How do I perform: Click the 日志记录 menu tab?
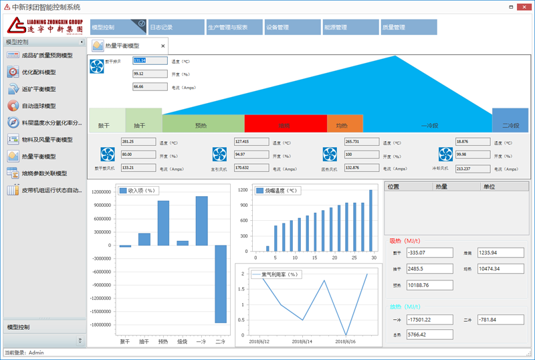[x=175, y=27]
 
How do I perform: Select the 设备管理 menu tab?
[x=292, y=27]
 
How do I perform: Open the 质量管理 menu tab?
[x=408, y=27]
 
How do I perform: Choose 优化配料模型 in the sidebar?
[x=39, y=72]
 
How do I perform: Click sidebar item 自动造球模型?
[x=39, y=106]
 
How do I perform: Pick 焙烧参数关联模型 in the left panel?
[x=44, y=173]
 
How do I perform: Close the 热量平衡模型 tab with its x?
[x=163, y=46]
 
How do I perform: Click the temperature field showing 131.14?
[x=150, y=61]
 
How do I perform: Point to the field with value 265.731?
[x=360, y=142]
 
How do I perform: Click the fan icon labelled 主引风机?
[x=219, y=155]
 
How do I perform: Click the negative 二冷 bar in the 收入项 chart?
[x=220, y=284]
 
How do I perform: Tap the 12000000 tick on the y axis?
[x=100, y=192]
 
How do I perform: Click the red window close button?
[x=524, y=6]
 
